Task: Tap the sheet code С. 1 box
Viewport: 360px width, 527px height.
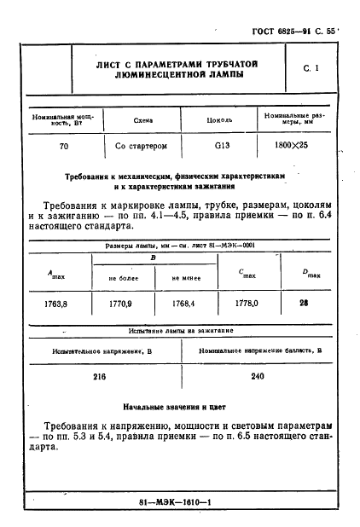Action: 311,69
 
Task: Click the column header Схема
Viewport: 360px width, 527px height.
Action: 137,121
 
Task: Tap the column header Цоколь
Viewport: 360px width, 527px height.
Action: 220,121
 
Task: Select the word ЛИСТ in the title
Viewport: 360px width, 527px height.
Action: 113,65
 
